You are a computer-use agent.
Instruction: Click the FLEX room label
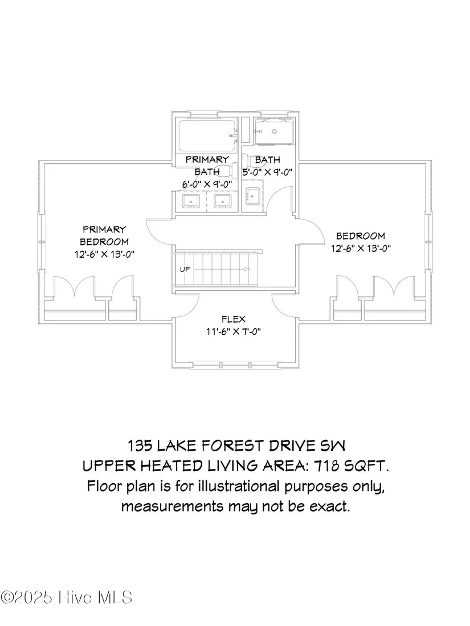point(234,319)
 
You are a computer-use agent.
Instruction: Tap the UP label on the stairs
point(185,270)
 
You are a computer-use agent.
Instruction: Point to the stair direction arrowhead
point(247,269)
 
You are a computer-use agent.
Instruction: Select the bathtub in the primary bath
point(207,136)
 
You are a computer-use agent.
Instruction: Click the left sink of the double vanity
point(191,201)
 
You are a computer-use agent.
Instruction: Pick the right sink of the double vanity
point(222,201)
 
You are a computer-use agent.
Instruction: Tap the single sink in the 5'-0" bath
point(253,196)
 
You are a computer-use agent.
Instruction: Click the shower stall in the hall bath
point(275,131)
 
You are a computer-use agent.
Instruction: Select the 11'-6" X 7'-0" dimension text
point(234,331)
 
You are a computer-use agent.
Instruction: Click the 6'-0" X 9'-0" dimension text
point(207,184)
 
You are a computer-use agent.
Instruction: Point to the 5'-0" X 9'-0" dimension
point(268,172)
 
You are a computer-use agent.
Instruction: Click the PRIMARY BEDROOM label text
point(104,236)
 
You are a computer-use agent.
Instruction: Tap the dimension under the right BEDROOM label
point(361,248)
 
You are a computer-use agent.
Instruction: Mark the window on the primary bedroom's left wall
point(41,241)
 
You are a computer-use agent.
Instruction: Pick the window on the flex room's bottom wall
point(235,365)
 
